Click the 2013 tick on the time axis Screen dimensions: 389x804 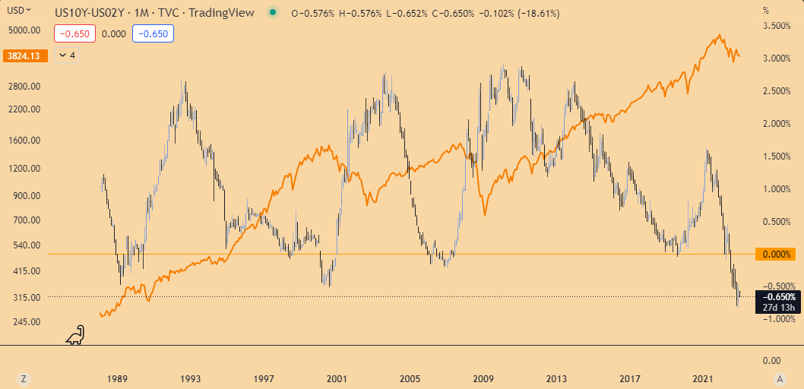click(557, 378)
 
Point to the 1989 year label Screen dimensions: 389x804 click(117, 378)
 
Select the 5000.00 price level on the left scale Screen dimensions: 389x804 click(24, 30)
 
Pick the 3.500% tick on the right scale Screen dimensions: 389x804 click(777, 26)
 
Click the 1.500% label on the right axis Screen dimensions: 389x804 click(777, 157)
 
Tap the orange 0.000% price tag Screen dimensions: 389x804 click(777, 254)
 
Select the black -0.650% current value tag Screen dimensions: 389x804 click(777, 296)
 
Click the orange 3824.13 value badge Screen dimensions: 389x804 click(24, 55)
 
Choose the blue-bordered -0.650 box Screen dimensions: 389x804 click(154, 33)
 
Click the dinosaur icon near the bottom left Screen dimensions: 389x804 click(75, 334)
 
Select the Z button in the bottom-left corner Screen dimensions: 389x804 click(24, 378)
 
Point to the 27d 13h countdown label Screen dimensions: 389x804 click(777, 307)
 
